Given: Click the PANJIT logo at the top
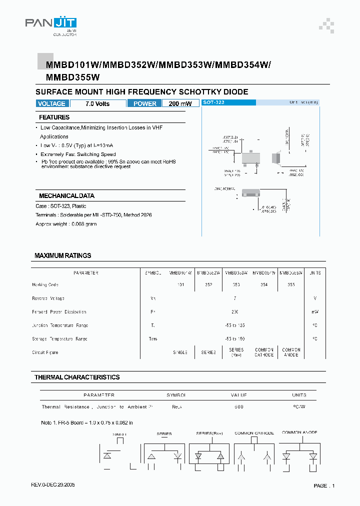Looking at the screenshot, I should click(x=50, y=23).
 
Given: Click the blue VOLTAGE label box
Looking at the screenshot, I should click(x=51, y=103).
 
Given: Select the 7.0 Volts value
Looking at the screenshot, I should click(x=97, y=103).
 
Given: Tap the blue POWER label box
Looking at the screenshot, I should click(x=145, y=103).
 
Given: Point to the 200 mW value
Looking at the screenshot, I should click(x=180, y=103).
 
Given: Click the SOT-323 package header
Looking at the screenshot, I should click(x=213, y=102).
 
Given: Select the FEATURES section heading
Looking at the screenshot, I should click(x=54, y=117).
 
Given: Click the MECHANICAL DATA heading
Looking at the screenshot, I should click(x=66, y=196).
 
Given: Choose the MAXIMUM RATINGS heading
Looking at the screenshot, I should click(x=62, y=255).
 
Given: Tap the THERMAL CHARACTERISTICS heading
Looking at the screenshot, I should click(x=77, y=377).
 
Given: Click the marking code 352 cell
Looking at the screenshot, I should click(x=208, y=284).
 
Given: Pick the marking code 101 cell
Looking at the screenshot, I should click(x=180, y=284).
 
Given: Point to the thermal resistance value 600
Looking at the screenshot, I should click(x=239, y=406).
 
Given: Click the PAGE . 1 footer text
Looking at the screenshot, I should click(x=324, y=485).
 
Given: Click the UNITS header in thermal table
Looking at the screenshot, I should click(x=299, y=395).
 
